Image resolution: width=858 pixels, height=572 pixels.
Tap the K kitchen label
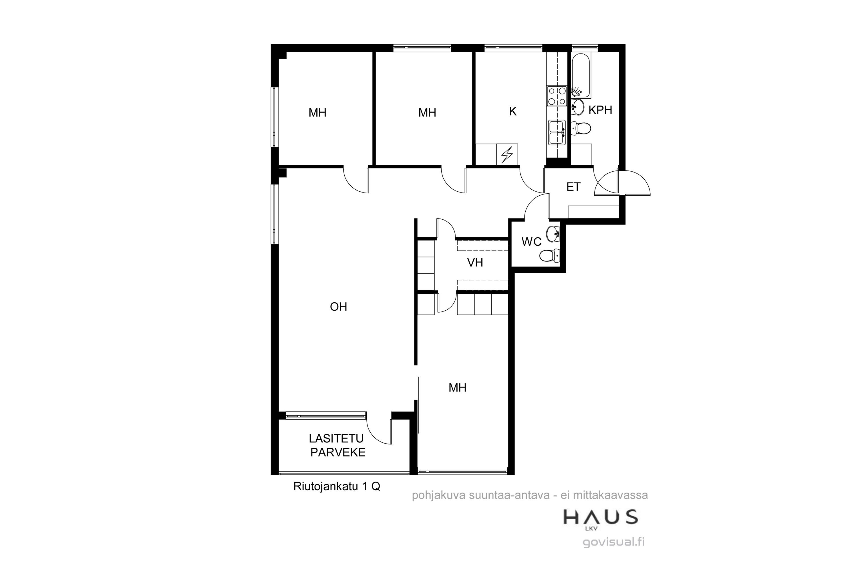pos(513,112)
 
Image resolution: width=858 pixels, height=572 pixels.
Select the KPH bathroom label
pos(600,110)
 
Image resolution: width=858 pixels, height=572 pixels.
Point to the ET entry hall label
pos(573,187)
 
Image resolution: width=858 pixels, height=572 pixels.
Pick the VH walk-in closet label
pos(475,263)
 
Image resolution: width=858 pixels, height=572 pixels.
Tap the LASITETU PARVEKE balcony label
pos(338,445)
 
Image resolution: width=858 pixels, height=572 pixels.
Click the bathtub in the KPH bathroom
pos(581,76)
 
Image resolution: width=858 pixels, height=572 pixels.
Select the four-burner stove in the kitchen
pos(557,96)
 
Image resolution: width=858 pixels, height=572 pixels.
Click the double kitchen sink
pos(557,132)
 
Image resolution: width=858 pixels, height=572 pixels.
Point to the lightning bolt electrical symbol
pos(507,154)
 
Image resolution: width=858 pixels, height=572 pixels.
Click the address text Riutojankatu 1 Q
pos(337,487)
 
